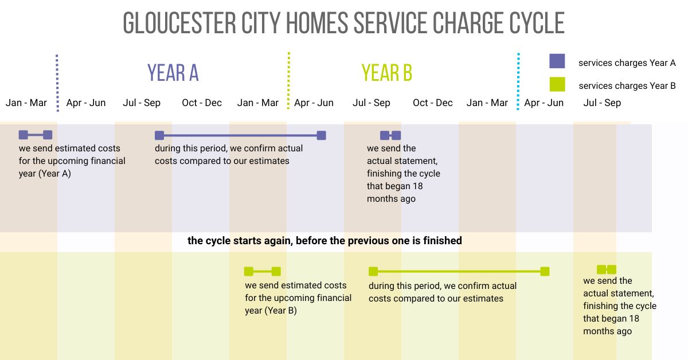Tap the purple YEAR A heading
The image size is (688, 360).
[x=173, y=73]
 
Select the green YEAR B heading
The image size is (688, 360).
[x=386, y=73]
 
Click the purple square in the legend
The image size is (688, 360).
[x=557, y=61]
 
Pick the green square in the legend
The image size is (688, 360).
[x=557, y=84]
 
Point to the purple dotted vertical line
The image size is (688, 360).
[x=57, y=83]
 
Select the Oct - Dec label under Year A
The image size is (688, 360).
[x=202, y=103]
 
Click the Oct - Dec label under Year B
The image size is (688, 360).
[x=432, y=103]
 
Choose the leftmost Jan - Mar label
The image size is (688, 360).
[x=26, y=103]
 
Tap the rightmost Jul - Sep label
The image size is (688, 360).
[x=602, y=103]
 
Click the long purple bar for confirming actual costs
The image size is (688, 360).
[x=240, y=135]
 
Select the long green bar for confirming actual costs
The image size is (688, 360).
[x=459, y=271]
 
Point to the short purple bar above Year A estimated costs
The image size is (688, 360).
[x=36, y=135]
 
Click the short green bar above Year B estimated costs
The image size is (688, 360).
[x=262, y=271]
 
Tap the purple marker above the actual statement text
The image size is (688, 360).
[x=390, y=135]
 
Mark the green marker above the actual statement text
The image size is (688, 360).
[x=606, y=269]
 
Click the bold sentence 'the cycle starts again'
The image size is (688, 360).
[x=325, y=241]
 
